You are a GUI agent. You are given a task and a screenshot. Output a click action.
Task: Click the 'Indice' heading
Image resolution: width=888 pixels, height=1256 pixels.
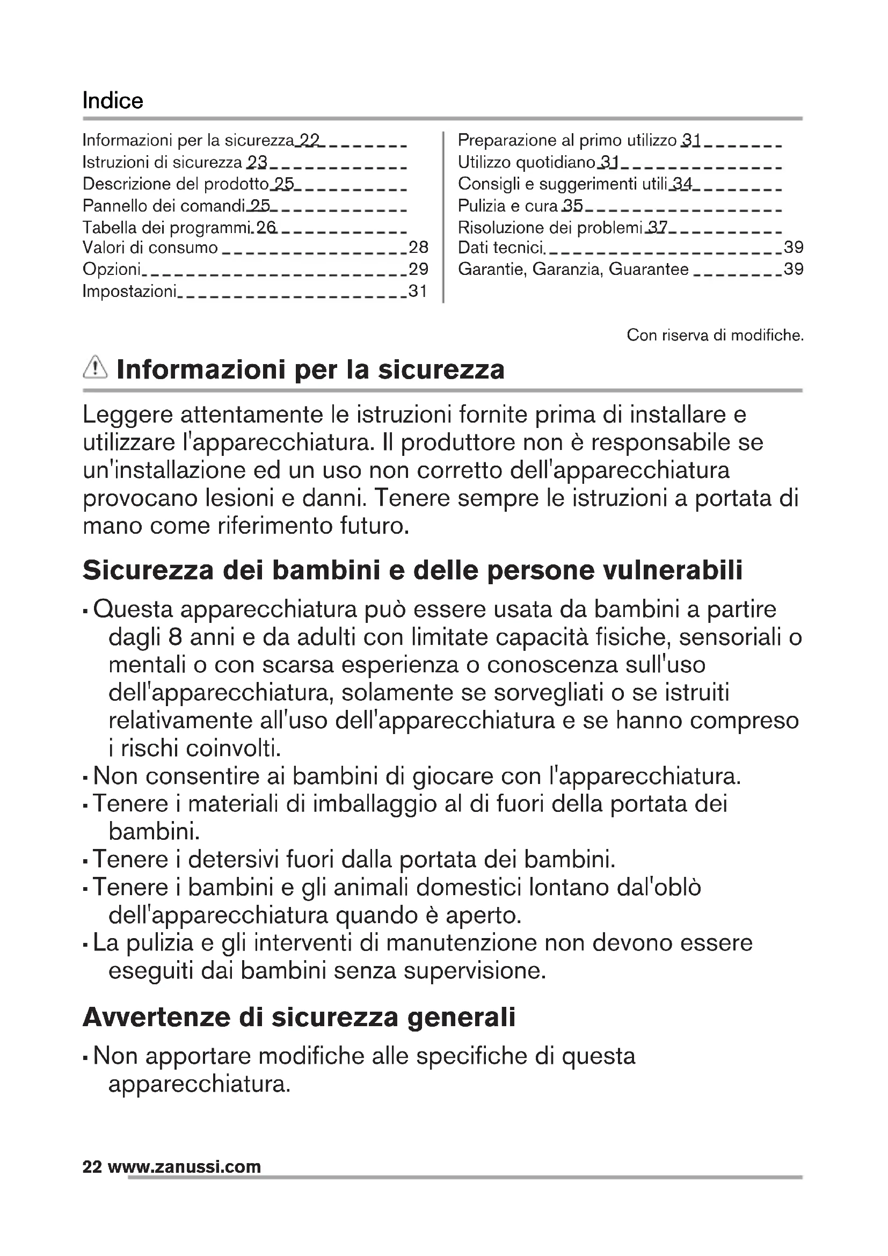pos(113,100)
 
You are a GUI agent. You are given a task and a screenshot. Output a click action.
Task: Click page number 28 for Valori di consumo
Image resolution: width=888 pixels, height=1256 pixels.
pos(418,247)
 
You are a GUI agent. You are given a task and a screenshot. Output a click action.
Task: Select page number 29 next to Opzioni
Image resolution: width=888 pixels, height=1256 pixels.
pos(418,269)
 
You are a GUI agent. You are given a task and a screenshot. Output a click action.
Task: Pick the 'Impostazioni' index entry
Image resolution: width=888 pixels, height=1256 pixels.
pos(129,291)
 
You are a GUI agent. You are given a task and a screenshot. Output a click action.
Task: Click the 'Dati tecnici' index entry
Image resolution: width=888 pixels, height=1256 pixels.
pos(501,248)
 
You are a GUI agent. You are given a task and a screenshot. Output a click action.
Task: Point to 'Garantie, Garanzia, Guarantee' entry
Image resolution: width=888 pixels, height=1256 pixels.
pos(573,269)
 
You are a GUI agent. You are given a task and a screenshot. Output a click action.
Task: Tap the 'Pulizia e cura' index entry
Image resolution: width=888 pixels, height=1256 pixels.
pos(507,206)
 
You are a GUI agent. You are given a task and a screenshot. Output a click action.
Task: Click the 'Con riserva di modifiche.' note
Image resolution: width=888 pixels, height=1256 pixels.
pos(715,335)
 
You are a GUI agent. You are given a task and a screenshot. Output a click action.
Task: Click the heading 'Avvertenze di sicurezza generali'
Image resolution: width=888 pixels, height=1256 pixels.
pos(299,1017)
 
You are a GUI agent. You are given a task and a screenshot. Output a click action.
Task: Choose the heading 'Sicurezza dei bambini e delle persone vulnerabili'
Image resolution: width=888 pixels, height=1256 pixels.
pos(413,570)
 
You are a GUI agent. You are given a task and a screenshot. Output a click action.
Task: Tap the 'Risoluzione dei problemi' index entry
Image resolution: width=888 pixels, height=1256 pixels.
pos(550,227)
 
